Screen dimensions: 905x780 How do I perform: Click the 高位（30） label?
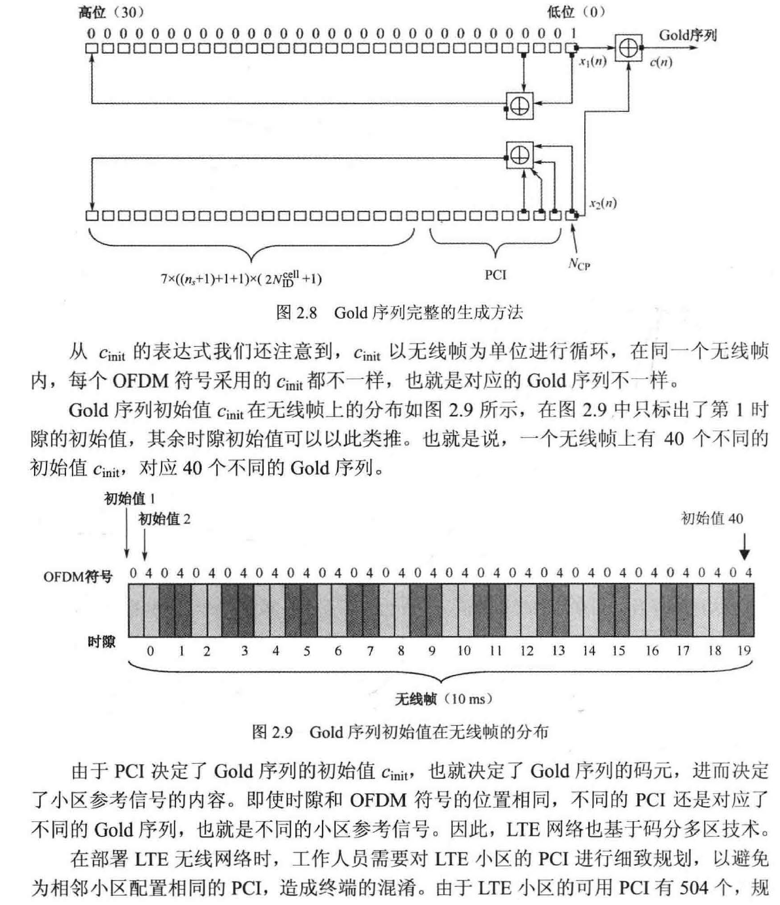[111, 12]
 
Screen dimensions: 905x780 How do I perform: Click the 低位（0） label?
[576, 12]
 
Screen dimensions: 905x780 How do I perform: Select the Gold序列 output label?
[687, 35]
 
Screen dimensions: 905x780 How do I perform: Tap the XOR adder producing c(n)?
[628, 48]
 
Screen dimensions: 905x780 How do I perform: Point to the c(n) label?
[661, 63]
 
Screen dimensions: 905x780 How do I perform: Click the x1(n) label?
[592, 62]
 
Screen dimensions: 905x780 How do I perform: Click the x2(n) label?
[602, 204]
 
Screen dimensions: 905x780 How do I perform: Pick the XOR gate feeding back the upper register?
[520, 105]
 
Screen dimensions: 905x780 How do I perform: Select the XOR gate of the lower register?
[520, 155]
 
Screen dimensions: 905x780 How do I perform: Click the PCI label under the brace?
[495, 275]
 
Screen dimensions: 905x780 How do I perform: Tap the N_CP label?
[578, 264]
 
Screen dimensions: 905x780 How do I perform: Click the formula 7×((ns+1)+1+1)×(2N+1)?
[241, 277]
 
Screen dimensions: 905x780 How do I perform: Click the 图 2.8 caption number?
[296, 312]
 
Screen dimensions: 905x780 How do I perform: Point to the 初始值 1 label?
[130, 499]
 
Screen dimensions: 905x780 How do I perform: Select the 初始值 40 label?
[712, 519]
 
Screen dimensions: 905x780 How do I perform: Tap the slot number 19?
[743, 650]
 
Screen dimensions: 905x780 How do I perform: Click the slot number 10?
[463, 650]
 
